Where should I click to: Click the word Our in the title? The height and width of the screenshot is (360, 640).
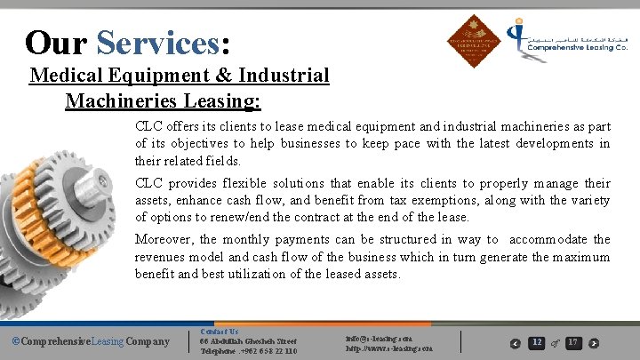55,42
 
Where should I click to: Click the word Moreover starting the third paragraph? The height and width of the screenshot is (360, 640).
164,239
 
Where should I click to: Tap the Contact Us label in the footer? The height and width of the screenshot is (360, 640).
220,332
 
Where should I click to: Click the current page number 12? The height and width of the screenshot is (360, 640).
537,342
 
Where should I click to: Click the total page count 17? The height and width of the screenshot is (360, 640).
573,342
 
